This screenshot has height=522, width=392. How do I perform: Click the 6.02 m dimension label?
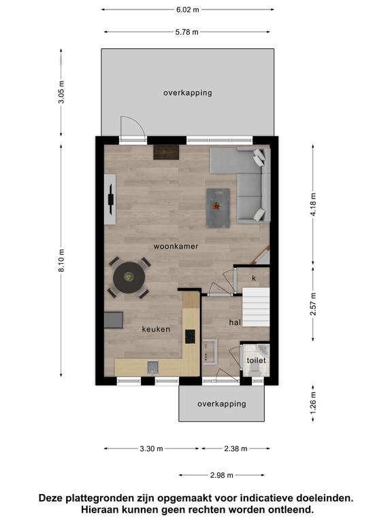coord(188,10)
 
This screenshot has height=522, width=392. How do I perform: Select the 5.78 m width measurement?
coord(187,32)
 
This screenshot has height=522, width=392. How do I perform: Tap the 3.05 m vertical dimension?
coord(61,92)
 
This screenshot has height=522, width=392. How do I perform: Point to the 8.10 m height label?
coord(61,260)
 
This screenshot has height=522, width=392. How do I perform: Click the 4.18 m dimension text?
coord(313,205)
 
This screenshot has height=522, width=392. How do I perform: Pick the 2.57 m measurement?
coord(313,304)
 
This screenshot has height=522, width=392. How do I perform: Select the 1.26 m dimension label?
coord(313,404)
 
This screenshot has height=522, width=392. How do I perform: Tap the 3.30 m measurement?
coord(151,449)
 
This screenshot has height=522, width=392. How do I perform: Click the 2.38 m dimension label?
coord(235,449)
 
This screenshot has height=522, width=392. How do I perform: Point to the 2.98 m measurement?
coord(222,475)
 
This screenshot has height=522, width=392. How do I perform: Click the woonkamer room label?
coord(176,246)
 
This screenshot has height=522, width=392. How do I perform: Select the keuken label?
coord(156,329)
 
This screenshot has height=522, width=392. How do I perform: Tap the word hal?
coord(235,322)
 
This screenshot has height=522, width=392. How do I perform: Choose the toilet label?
coord(257,360)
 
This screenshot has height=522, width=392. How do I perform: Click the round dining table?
coord(129,277)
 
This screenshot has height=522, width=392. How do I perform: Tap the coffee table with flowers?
coord(218,208)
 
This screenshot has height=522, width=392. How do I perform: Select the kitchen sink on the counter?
coord(153,367)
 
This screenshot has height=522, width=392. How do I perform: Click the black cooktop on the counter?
coord(191,336)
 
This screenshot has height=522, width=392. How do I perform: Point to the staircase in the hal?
coord(256,307)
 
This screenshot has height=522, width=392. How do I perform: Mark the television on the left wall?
coord(111,200)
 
